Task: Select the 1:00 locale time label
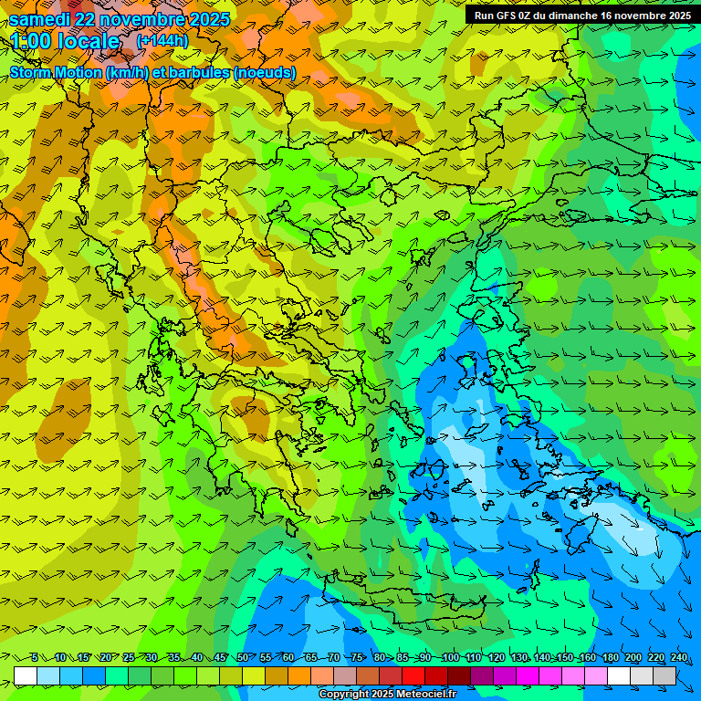click(65, 42)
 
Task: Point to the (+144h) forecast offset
click(162, 41)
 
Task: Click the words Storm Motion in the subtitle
click(55, 72)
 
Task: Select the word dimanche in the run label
click(587, 16)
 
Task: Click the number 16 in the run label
click(625, 16)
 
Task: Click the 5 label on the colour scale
click(35, 658)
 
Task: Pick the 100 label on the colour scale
click(450, 658)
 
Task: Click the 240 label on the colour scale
click(678, 658)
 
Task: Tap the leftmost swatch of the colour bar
click(26, 675)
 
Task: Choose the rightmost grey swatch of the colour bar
click(664, 675)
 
